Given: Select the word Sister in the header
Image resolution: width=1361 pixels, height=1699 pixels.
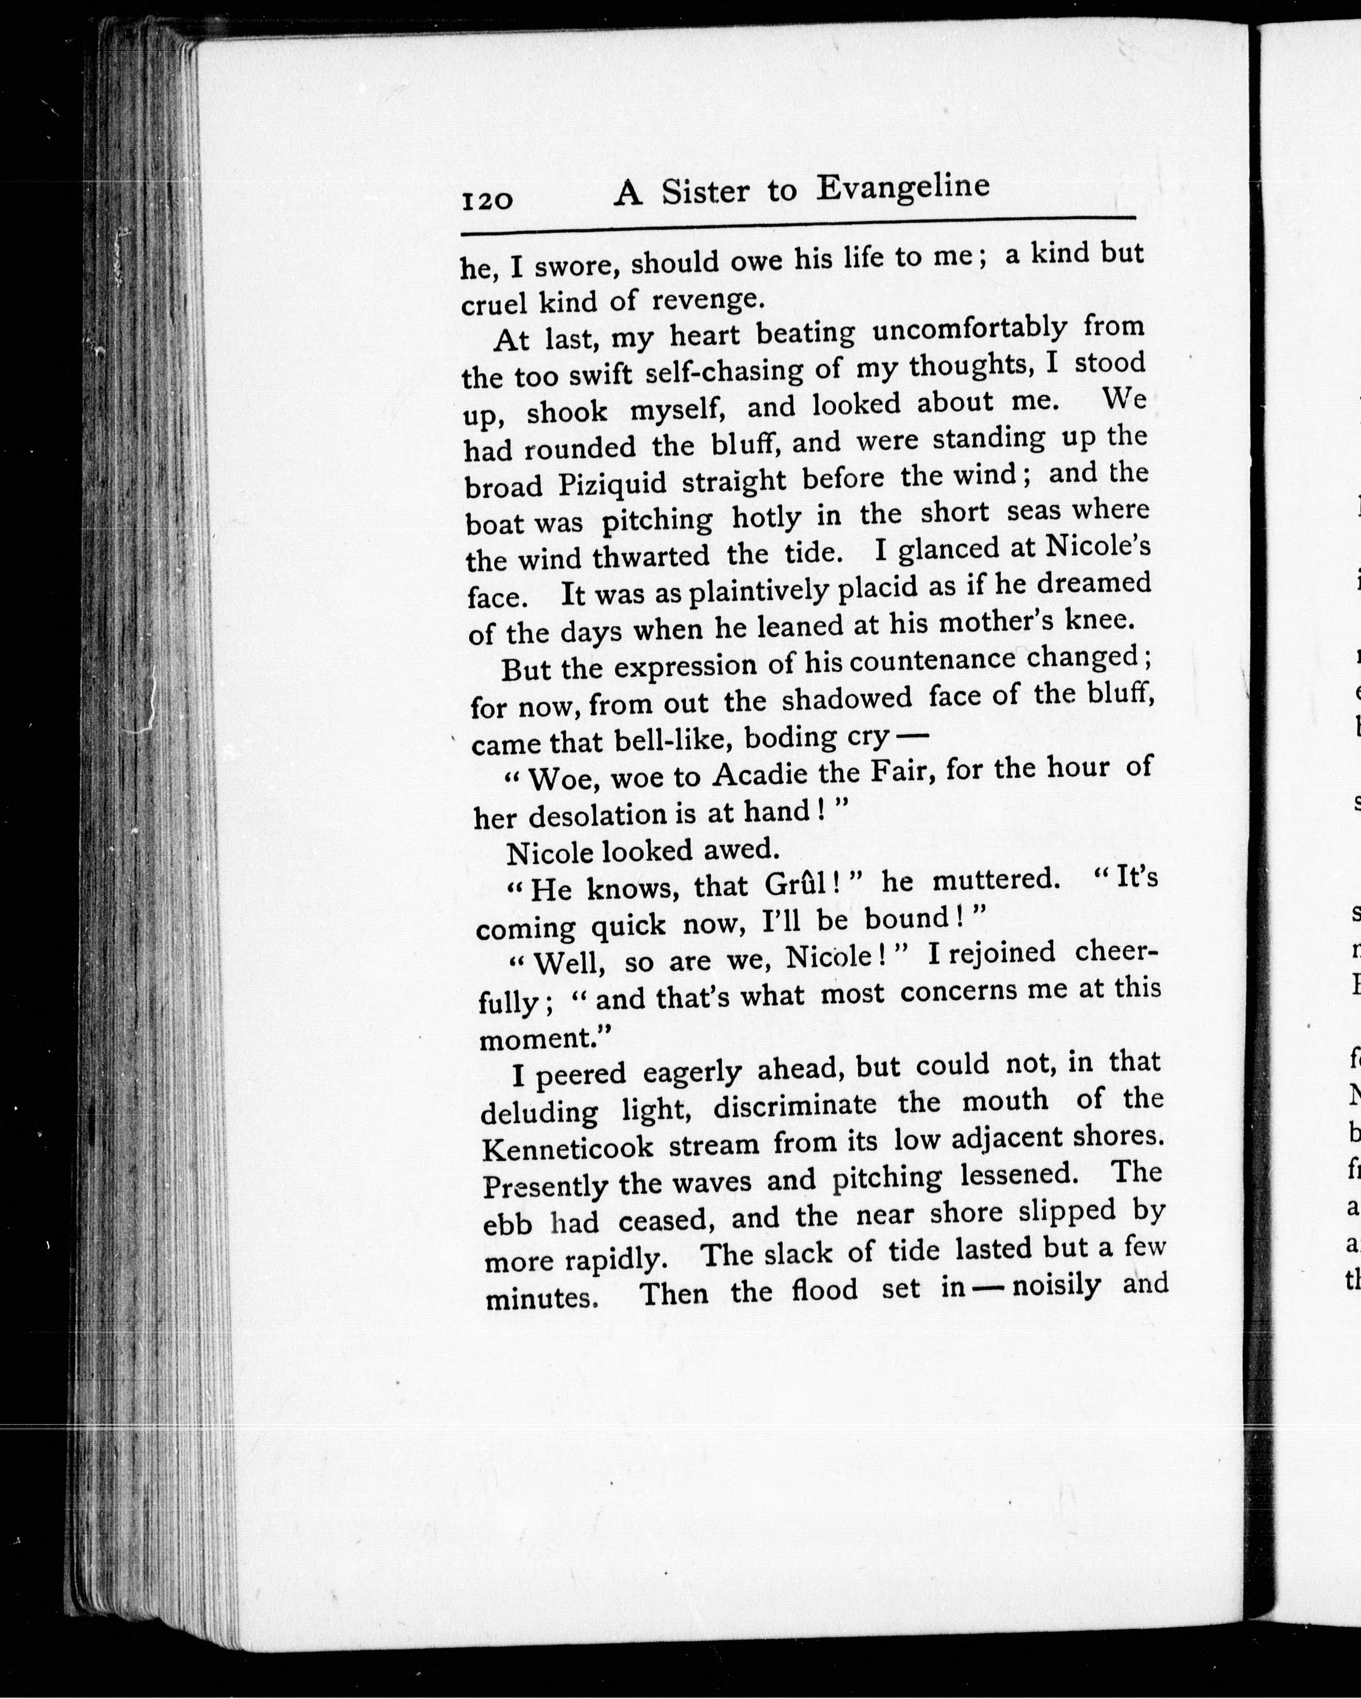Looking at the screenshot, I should (x=705, y=193).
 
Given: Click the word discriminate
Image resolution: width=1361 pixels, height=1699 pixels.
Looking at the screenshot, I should (x=795, y=1106).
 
